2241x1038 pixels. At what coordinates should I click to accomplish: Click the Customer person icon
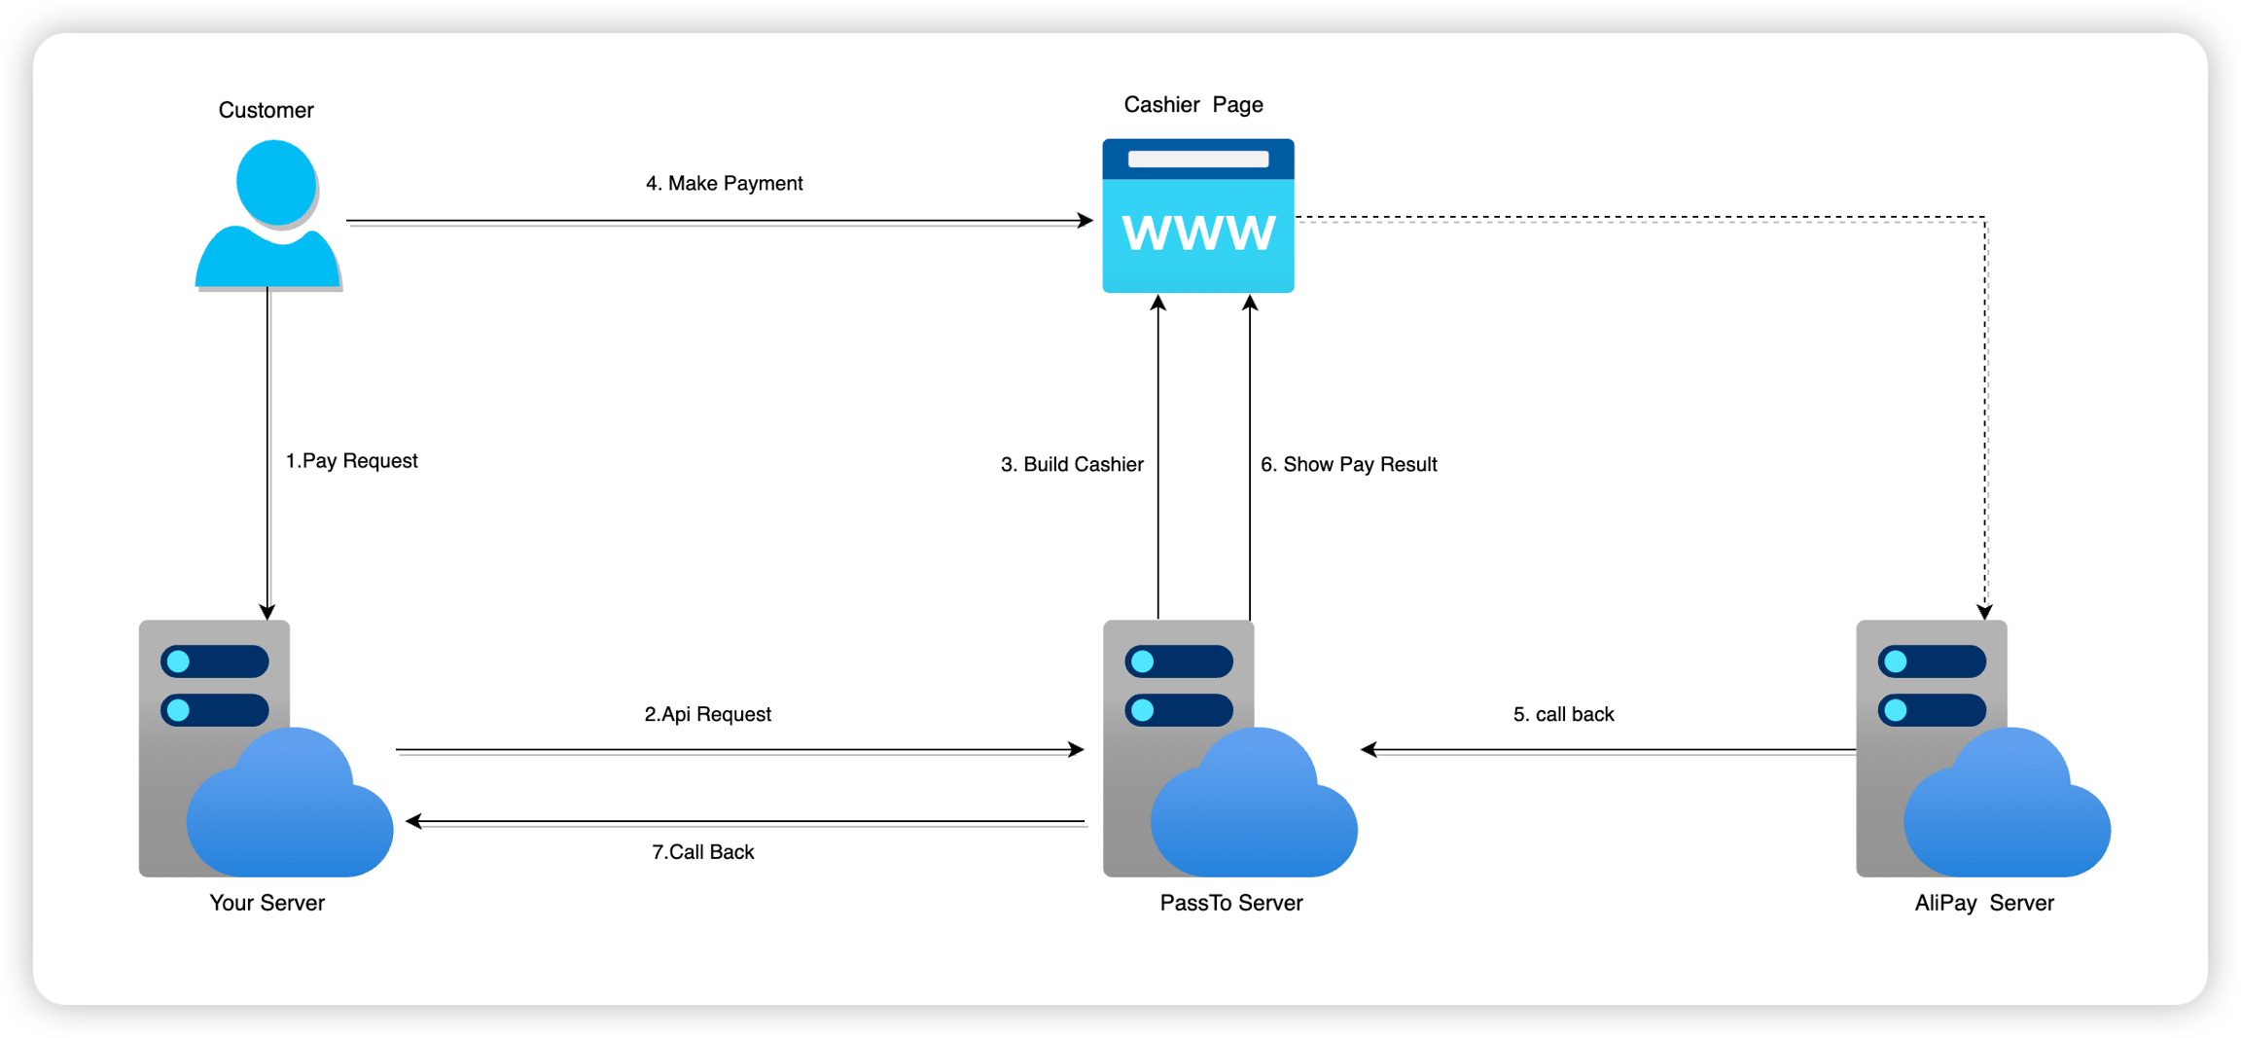tap(268, 216)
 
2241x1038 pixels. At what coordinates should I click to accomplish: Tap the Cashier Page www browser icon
tap(1197, 216)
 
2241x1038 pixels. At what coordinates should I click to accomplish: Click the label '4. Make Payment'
tap(724, 184)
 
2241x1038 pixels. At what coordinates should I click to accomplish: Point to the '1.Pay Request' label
tap(351, 461)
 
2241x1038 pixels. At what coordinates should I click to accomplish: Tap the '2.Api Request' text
tap(707, 715)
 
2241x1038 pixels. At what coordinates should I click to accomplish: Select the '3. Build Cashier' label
tap(1072, 465)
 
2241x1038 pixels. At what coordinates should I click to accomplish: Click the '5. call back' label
tap(1563, 715)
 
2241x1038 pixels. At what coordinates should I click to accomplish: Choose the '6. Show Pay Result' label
tap(1348, 465)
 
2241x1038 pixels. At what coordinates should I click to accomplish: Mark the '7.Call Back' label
tap(702, 852)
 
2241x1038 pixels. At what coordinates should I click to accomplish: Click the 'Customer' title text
tap(266, 111)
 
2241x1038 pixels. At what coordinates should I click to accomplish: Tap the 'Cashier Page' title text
tap(1193, 105)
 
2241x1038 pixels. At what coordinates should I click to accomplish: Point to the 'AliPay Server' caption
tap(1984, 904)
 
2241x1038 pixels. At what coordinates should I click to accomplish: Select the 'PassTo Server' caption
tap(1230, 904)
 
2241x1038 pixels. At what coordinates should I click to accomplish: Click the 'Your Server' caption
tap(267, 904)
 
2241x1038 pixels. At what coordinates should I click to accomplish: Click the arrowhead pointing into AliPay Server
tap(1985, 612)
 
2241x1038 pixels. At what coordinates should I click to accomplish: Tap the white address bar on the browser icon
tap(1197, 160)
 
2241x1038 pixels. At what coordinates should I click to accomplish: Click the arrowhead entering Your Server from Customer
tap(267, 612)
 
